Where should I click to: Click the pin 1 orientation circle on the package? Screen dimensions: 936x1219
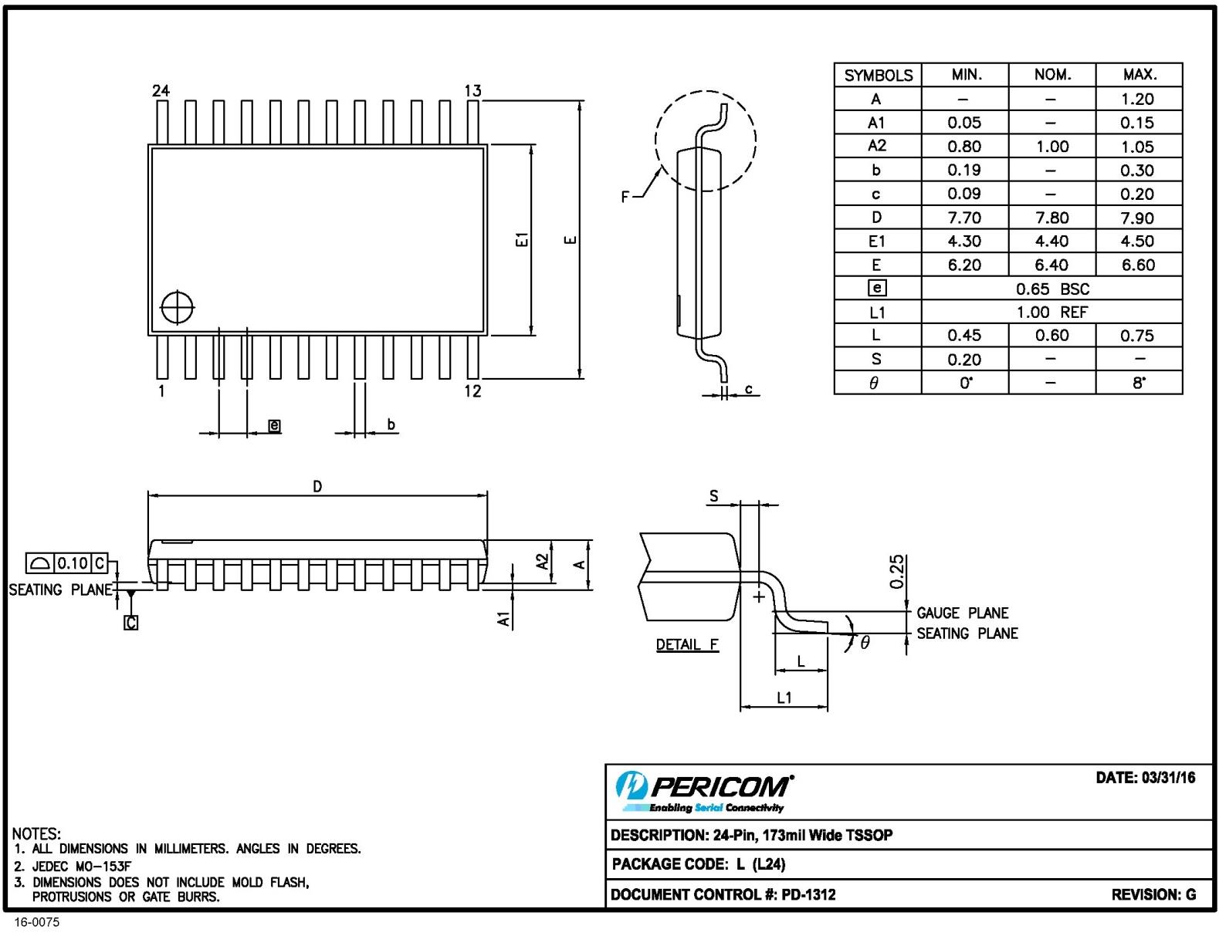click(178, 308)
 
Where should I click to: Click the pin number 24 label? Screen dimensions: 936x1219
click(161, 91)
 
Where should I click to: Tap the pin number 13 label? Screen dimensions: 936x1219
click(472, 91)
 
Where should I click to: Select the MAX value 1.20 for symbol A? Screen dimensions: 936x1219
click(1137, 99)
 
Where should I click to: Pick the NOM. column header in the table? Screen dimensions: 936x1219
click(1051, 75)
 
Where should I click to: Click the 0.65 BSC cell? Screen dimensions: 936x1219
click(1051, 289)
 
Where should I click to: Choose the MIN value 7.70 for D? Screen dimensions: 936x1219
click(964, 218)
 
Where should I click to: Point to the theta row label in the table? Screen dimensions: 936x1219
click(875, 383)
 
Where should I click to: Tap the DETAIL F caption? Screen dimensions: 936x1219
click(687, 644)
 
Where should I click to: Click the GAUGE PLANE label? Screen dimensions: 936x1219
click(962, 613)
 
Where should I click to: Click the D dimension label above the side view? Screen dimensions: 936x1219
click(317, 486)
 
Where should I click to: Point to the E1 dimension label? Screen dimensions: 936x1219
click(523, 240)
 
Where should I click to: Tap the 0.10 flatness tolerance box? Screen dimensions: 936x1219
click(73, 563)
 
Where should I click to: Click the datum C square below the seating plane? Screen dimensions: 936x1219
click(131, 622)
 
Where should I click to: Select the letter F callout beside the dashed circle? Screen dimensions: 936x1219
click(625, 197)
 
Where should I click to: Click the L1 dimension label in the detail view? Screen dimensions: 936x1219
click(784, 698)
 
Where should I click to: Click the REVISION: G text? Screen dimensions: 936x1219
click(1153, 894)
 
